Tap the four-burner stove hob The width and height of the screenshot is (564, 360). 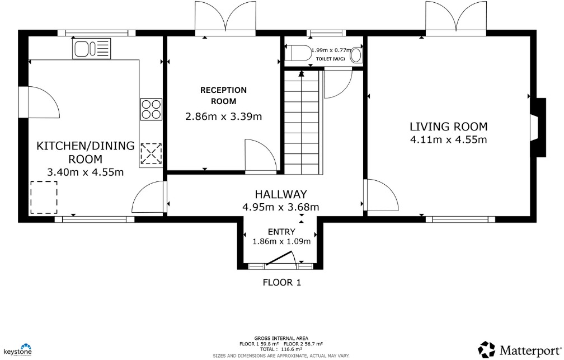tap(151, 109)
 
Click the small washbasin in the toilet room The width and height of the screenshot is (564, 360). tap(356, 55)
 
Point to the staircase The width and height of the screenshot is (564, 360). tap(302, 120)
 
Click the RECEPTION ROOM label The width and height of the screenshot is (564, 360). tap(223, 96)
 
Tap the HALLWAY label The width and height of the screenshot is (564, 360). tap(281, 194)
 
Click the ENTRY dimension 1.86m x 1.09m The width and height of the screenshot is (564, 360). tap(281, 241)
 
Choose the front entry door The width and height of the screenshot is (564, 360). tap(280, 259)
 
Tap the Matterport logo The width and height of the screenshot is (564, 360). tap(519, 350)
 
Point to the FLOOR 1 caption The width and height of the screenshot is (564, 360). tap(282, 282)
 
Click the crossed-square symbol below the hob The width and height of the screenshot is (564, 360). tap(151, 153)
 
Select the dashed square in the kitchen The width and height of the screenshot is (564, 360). tap(44, 198)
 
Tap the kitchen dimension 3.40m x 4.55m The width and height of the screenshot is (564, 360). tap(86, 172)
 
